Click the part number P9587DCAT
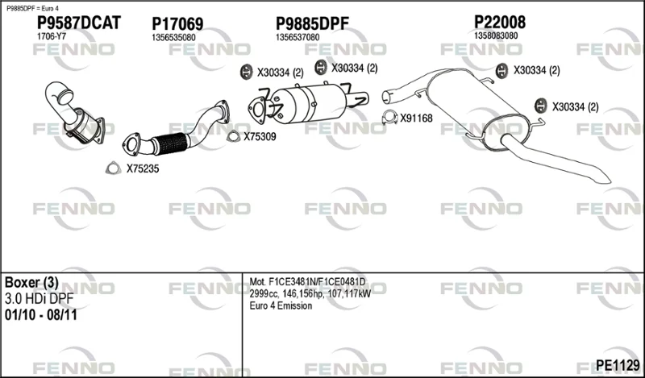click(x=79, y=23)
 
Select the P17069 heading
click(x=177, y=24)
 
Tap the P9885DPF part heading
click(x=312, y=24)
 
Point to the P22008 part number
click(x=500, y=22)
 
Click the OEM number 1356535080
click(x=173, y=37)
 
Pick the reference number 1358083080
click(x=496, y=35)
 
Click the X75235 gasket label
click(x=143, y=168)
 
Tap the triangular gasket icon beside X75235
click(x=113, y=168)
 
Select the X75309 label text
click(x=260, y=136)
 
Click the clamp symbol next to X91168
click(x=389, y=118)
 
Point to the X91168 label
click(x=416, y=118)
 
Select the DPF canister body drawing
click(x=309, y=103)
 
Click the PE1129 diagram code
click(x=618, y=364)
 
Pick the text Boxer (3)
click(x=31, y=283)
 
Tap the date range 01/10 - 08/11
click(x=41, y=315)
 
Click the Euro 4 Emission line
click(x=281, y=305)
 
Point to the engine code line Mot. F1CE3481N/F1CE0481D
click(x=307, y=282)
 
